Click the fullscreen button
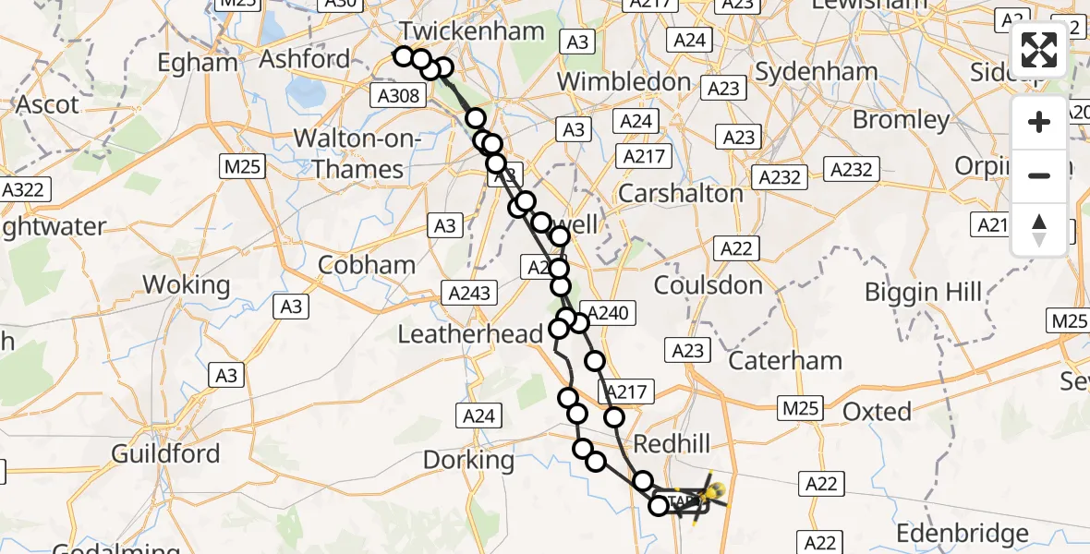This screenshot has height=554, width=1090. point(1039,50)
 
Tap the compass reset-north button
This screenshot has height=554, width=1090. point(1039,230)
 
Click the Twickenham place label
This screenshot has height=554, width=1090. point(471,31)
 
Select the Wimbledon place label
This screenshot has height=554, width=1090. point(624,81)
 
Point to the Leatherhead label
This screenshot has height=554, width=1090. point(470,334)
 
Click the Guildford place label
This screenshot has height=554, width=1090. point(165,454)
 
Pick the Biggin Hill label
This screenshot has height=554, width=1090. point(923,294)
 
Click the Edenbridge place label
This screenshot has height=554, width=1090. point(963,534)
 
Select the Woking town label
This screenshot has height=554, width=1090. point(187,285)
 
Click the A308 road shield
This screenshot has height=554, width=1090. point(398,95)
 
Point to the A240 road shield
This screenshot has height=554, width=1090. point(608,314)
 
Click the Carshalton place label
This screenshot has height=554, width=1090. point(680,194)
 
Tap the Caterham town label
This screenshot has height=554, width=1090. point(785,361)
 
